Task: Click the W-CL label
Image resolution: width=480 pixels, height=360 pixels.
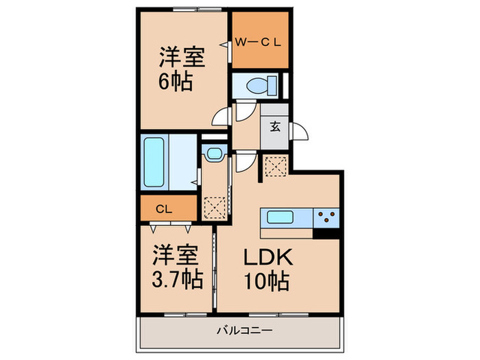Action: (258, 43)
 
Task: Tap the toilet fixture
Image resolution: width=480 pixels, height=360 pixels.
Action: (262, 85)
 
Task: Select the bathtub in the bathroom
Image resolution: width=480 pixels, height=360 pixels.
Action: (154, 162)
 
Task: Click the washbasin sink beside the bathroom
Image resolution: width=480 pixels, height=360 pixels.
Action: (214, 153)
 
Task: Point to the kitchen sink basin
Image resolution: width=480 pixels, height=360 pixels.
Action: (280, 217)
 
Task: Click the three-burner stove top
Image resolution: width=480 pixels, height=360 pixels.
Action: (326, 218)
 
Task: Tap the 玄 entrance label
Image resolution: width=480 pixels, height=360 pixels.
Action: (275, 126)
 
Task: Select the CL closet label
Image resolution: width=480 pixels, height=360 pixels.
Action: (164, 209)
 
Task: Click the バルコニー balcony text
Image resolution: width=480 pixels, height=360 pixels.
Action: (245, 331)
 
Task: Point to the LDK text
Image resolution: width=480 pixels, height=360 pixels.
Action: (268, 258)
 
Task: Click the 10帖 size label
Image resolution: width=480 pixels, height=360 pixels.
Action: (267, 280)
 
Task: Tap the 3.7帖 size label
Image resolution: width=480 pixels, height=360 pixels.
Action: (178, 278)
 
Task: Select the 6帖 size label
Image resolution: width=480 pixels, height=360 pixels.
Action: (176, 81)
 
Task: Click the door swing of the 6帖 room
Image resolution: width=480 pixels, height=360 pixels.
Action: (220, 117)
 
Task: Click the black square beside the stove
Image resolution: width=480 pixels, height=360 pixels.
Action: (326, 234)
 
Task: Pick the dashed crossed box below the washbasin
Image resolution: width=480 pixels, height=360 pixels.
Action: (215, 208)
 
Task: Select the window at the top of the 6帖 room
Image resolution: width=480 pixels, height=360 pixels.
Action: (197, 10)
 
